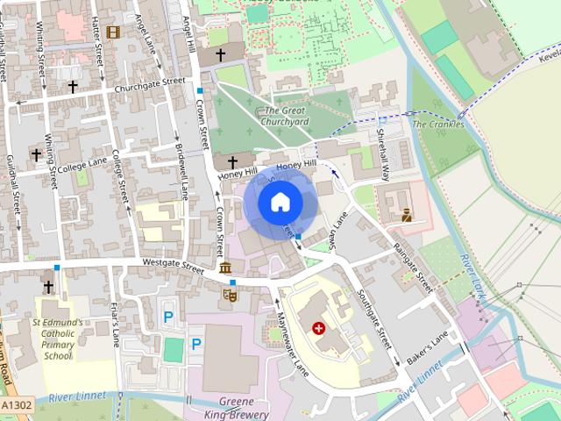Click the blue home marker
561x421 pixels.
(280, 203)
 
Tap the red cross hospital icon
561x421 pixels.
(318, 328)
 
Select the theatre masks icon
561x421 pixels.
(231, 296)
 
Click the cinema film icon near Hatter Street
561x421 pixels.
(112, 32)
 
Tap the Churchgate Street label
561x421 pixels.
(149, 83)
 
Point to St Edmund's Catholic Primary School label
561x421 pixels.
(57, 339)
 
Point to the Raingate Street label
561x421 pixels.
(413, 267)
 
